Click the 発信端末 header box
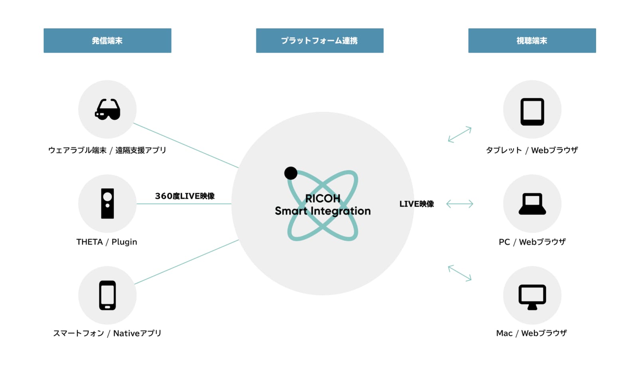107,40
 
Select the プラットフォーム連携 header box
319,40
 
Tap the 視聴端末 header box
532,40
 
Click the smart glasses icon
107,109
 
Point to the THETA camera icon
107,203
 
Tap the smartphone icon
107,295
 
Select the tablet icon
532,112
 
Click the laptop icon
532,204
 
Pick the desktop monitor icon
532,297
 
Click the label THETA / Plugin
107,242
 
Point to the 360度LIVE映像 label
185,196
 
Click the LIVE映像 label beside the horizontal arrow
416,204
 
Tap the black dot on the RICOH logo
291,173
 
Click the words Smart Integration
323,211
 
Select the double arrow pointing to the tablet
460,134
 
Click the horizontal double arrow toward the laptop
460,204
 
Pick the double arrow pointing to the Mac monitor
460,273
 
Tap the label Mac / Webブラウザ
532,333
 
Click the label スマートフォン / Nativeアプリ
107,333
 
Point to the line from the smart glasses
186,145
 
